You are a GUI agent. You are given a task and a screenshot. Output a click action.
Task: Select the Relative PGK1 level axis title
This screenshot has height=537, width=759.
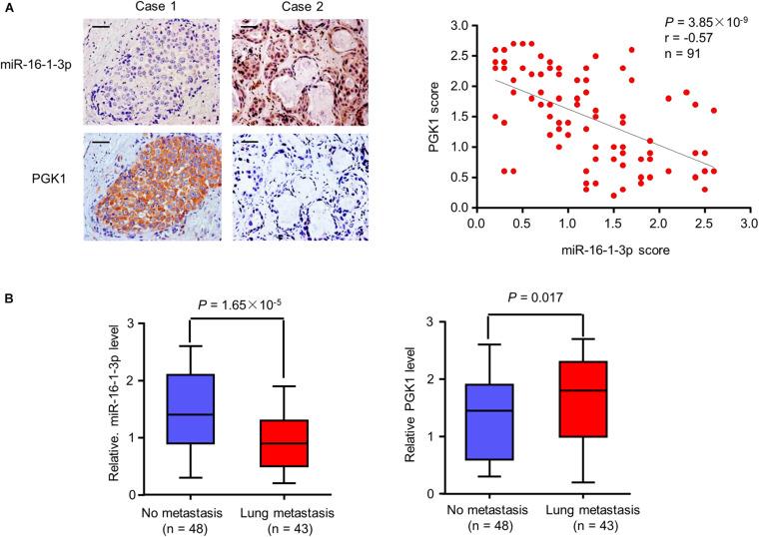pyautogui.click(x=405, y=406)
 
